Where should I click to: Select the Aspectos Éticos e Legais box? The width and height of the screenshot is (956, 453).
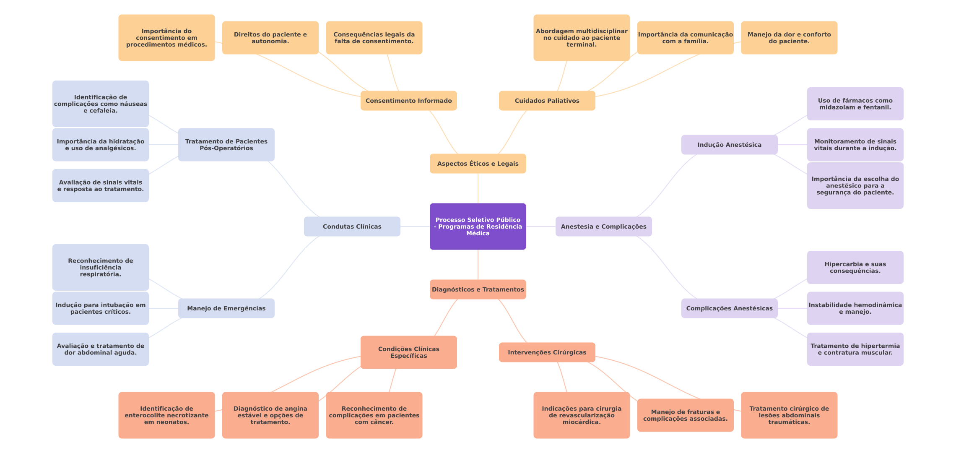478,164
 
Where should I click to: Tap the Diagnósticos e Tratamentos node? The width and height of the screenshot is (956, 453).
478,289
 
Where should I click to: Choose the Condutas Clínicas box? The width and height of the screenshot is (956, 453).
352,226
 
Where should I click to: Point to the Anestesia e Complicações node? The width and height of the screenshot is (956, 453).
603,226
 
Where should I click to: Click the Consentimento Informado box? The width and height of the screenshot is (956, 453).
408,101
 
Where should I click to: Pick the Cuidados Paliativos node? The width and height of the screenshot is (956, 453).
547,101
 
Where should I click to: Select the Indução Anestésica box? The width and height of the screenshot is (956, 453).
729,145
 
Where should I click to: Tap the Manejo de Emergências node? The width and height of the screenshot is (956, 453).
226,308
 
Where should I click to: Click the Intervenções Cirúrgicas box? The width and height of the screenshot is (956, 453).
547,352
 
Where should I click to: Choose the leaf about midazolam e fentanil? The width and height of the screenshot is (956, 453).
855,104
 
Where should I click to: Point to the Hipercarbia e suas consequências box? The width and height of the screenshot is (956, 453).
855,267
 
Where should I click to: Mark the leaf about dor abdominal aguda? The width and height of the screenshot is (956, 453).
100,349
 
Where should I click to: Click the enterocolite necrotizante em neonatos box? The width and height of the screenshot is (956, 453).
166,415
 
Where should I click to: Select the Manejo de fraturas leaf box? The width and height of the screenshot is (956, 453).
685,415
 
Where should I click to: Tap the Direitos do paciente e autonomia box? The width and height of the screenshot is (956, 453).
270,38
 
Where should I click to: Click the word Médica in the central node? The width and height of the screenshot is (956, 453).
478,234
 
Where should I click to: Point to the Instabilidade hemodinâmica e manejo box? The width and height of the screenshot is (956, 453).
855,308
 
